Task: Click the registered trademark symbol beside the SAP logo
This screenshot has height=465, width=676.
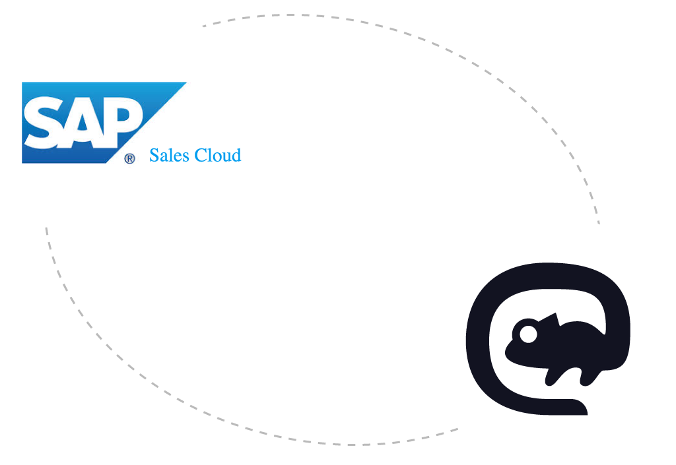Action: coord(130,158)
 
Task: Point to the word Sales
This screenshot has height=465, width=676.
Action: coord(168,156)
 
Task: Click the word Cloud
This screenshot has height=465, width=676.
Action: coord(217,156)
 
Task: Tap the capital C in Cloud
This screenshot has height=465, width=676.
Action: coord(197,156)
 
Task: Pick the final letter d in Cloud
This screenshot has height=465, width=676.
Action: coord(236,156)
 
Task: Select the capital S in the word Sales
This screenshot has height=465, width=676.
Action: coord(154,156)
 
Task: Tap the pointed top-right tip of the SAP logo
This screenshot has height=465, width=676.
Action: coord(184,84)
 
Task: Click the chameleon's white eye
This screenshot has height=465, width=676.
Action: coord(527,334)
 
